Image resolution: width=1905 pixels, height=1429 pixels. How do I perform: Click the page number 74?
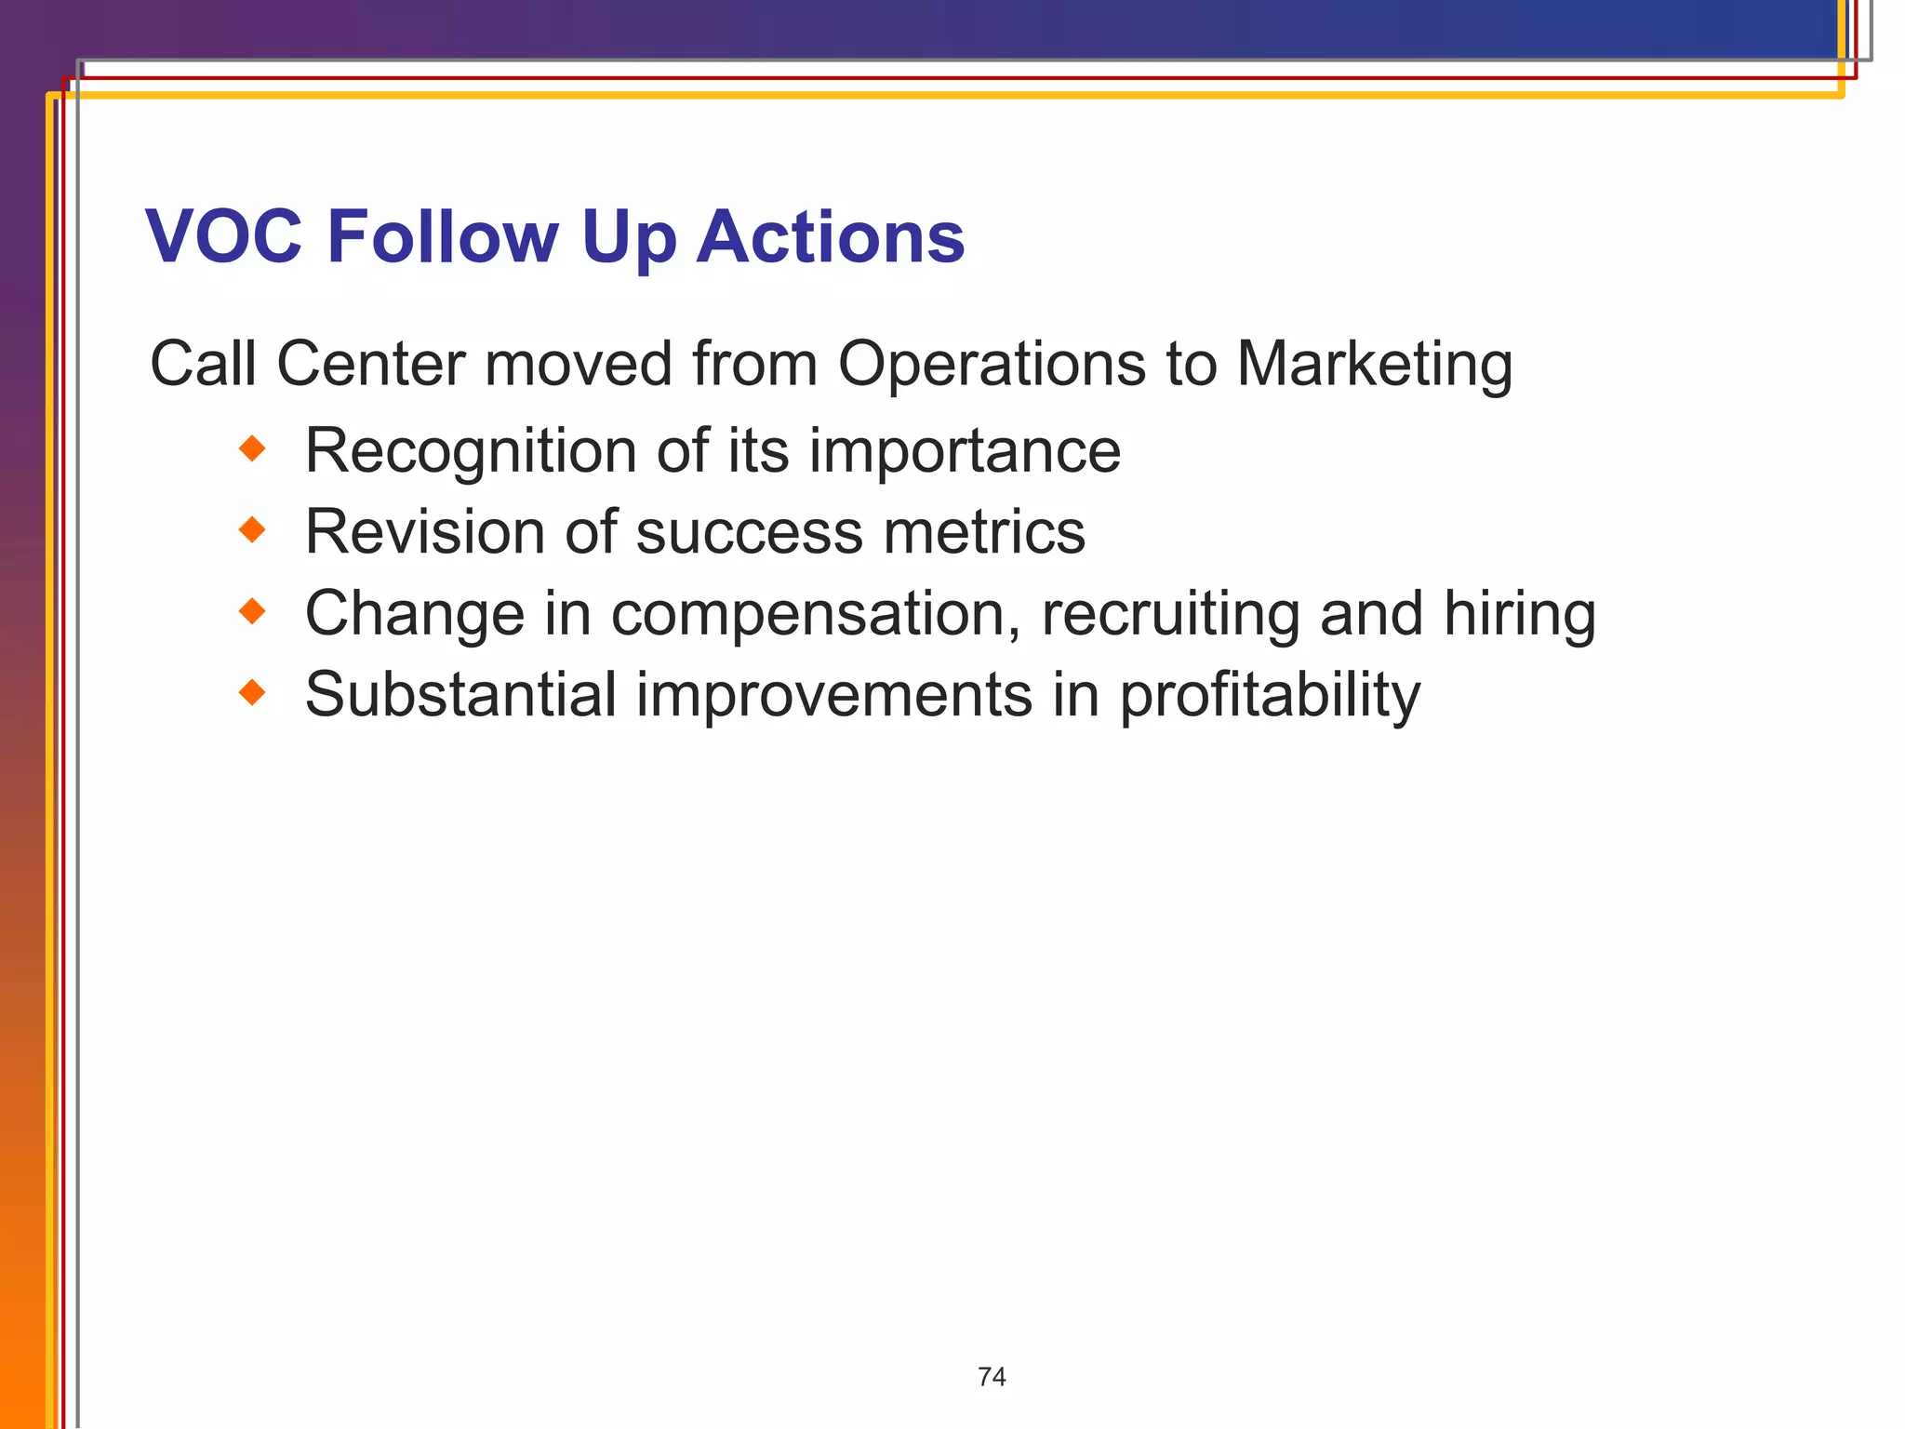[992, 1377]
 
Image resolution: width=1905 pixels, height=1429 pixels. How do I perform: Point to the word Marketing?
[1374, 364]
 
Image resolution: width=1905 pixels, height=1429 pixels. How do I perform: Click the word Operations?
[992, 364]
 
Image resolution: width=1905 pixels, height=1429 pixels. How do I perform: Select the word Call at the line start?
[203, 364]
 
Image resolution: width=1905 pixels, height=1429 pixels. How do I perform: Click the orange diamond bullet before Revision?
[252, 531]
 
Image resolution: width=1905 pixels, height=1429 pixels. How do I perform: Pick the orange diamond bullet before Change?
[252, 612]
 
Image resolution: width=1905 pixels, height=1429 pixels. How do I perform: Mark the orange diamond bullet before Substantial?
[252, 693]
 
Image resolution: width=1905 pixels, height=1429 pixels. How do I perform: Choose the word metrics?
[984, 532]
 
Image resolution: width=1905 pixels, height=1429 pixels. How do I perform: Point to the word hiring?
[1519, 615]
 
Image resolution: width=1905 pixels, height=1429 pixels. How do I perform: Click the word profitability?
[1270, 696]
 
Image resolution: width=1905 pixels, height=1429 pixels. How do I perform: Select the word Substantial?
[460, 694]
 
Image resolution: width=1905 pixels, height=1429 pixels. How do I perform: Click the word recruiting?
[1170, 615]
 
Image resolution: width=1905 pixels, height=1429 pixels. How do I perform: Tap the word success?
[750, 532]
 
